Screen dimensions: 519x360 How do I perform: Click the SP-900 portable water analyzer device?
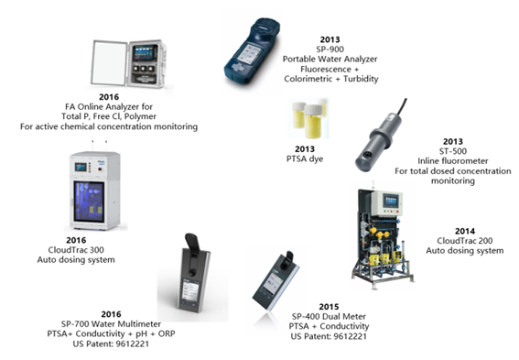pos(252,53)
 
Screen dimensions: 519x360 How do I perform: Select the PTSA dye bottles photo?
pos(308,118)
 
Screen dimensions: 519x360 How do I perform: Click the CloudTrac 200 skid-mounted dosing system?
pos(383,238)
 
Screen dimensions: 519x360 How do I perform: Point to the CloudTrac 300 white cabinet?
pos(95,191)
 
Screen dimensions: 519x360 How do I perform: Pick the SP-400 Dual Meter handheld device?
pos(276,281)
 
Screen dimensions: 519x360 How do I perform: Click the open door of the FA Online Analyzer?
pos(110,63)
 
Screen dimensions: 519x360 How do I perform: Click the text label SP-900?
pos(330,49)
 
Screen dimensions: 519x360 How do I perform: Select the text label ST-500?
pos(453,151)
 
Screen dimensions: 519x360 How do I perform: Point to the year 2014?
pos(465,231)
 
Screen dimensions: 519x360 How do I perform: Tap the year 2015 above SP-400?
pos(329,307)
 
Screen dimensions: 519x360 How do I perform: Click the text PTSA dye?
pos(305,159)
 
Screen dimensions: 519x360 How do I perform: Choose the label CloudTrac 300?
pos(76,250)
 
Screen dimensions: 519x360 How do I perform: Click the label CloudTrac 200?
pos(465,241)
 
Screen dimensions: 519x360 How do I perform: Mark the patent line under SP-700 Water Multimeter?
pos(111,344)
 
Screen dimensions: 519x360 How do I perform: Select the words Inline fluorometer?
pos(453,161)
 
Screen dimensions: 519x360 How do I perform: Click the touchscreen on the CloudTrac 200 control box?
pos(390,201)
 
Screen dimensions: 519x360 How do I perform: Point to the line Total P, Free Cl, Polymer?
pos(109,116)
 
